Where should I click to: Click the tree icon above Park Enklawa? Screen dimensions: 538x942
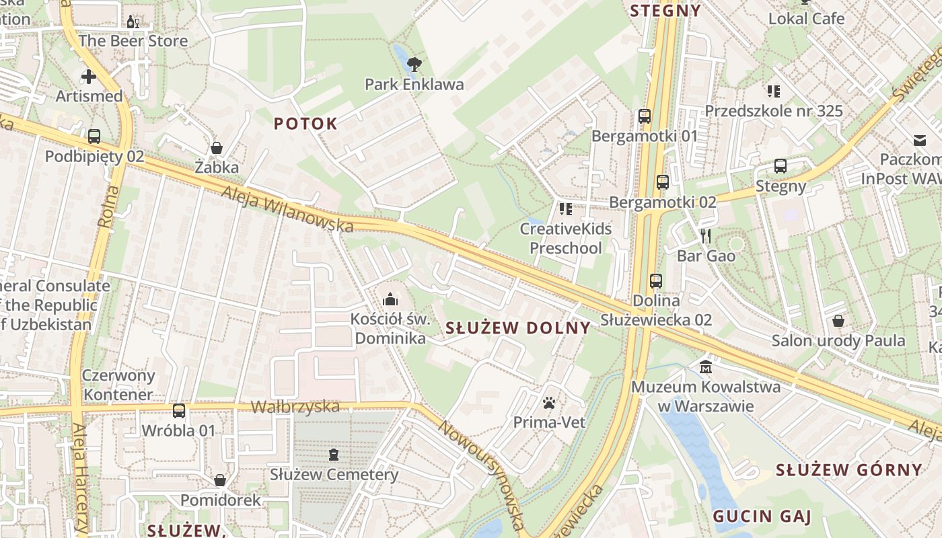(414, 65)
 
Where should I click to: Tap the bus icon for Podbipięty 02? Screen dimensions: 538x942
(94, 137)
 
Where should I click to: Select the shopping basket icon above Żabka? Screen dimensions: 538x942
(217, 147)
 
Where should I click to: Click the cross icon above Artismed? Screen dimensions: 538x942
(89, 76)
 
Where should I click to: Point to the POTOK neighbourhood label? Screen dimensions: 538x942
(305, 124)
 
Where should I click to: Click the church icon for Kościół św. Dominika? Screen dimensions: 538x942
(390, 299)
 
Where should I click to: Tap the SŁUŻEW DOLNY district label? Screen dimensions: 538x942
(518, 328)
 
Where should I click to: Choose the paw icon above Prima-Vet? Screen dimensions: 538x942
(549, 403)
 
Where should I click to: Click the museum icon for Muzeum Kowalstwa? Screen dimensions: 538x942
(706, 367)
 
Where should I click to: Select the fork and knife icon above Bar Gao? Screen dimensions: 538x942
(705, 235)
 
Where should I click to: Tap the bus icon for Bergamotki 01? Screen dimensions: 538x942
(645, 116)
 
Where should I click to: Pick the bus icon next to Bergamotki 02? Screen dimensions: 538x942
(663, 182)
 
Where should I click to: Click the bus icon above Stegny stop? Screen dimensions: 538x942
(781, 166)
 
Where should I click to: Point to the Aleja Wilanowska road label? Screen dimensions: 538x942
(287, 210)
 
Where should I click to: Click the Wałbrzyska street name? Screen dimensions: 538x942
(295, 407)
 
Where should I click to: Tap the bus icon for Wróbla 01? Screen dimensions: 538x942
(179, 411)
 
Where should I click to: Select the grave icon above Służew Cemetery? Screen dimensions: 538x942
(334, 455)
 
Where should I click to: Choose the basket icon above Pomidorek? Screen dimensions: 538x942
(220, 480)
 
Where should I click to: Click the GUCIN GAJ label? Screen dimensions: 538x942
(762, 517)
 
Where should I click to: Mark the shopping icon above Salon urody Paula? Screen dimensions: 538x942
(838, 321)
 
